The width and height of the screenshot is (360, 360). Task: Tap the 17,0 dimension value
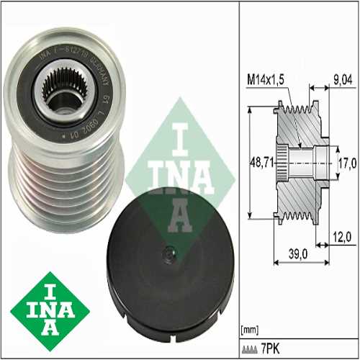click(347, 164)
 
